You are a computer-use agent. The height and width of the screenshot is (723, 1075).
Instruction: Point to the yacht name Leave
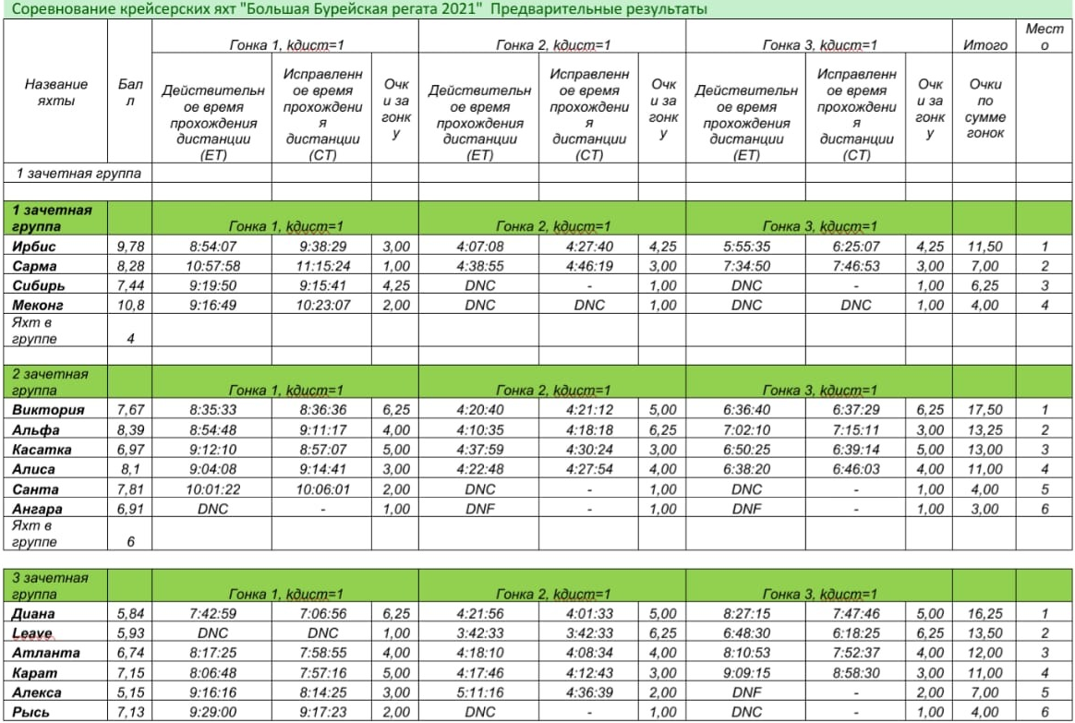34,633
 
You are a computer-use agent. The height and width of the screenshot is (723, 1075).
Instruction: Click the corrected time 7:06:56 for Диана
317,614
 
